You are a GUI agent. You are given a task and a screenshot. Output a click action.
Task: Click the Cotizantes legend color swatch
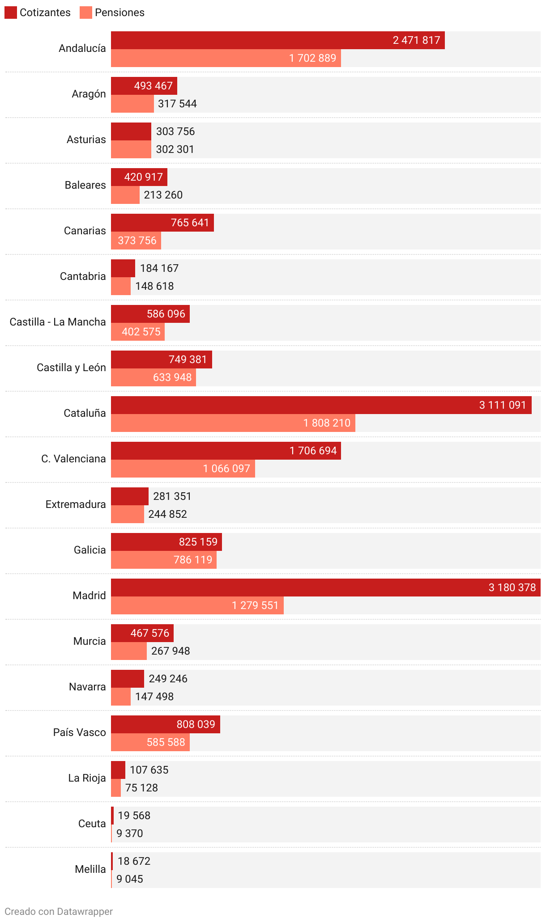(x=11, y=13)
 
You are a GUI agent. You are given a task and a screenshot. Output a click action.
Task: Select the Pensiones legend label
(x=119, y=13)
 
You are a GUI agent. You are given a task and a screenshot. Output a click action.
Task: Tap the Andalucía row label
(x=82, y=48)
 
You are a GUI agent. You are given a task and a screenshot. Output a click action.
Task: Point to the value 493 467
(x=153, y=86)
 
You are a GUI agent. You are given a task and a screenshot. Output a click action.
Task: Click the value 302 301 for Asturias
(x=175, y=149)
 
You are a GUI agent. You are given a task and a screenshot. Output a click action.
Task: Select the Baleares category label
(x=85, y=185)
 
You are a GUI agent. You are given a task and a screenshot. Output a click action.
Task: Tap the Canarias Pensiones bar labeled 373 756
(x=136, y=241)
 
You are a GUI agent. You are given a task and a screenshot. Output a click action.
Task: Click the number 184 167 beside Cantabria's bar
(x=159, y=268)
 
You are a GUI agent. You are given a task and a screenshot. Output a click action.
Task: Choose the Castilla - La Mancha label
(x=58, y=322)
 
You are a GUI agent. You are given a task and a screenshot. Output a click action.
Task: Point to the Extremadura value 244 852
(x=167, y=514)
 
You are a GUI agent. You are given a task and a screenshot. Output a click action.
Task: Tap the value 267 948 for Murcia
(x=171, y=651)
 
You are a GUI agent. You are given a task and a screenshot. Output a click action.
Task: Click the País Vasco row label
(x=79, y=732)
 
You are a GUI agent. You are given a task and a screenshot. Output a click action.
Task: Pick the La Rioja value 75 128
(x=141, y=788)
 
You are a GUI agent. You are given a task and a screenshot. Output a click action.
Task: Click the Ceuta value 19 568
(x=134, y=816)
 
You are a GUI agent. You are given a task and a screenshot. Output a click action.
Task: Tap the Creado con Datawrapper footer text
(x=59, y=911)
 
